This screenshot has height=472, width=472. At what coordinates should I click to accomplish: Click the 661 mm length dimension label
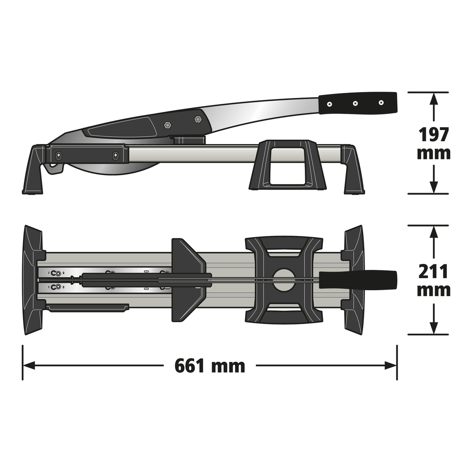[210, 366]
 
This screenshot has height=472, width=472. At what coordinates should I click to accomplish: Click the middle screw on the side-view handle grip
[355, 103]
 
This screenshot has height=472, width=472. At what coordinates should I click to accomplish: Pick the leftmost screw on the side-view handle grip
[329, 104]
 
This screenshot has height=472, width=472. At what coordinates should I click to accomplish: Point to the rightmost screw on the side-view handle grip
[381, 103]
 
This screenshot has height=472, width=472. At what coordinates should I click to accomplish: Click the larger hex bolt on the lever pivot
[197, 118]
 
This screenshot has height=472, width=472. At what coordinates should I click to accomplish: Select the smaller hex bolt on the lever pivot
[168, 125]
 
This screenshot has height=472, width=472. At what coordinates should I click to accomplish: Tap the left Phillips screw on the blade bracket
[59, 155]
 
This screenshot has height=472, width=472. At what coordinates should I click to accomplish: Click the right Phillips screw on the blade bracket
[115, 156]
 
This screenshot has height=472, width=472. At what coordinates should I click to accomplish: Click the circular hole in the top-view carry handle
[284, 280]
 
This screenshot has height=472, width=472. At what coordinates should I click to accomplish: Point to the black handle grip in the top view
[358, 280]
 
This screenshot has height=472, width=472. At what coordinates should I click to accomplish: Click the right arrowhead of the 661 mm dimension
[392, 366]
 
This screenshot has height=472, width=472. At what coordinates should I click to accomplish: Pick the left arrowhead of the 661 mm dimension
[28, 366]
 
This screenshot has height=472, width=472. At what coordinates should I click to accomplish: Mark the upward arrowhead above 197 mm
[433, 98]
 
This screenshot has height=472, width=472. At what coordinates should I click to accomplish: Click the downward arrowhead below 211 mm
[433, 328]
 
